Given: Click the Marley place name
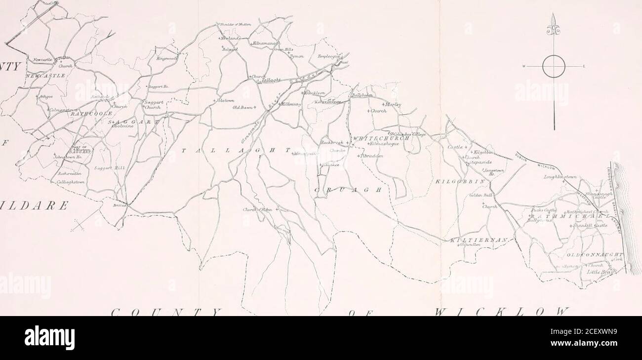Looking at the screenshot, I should click(394, 104).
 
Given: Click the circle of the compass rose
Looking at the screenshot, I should click(554, 66).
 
